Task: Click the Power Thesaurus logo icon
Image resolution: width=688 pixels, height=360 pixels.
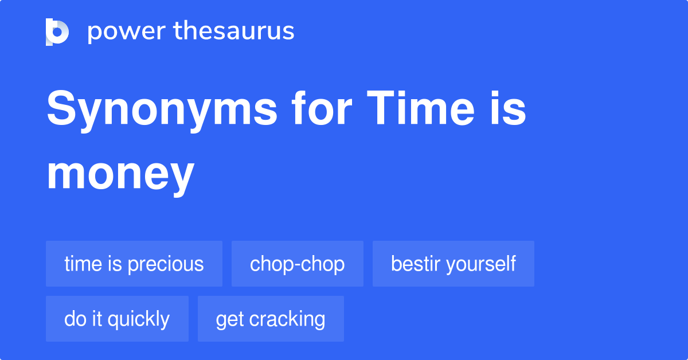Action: (57, 32)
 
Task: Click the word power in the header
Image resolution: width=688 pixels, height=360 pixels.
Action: (127, 32)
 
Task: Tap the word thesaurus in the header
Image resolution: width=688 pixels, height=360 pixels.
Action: (234, 30)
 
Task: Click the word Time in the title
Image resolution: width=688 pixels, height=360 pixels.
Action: (421, 108)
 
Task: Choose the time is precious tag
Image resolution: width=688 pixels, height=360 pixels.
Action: (134, 264)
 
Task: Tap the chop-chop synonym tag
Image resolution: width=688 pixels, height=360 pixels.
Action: (298, 264)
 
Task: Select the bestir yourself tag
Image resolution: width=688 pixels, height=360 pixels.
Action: (454, 264)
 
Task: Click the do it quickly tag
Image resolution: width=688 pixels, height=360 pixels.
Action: (117, 319)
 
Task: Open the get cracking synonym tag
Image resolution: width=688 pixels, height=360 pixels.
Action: (271, 319)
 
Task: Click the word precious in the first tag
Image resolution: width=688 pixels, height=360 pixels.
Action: (166, 265)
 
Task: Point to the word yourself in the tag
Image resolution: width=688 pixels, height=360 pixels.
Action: (481, 264)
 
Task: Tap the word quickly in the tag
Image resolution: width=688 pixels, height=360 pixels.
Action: (139, 319)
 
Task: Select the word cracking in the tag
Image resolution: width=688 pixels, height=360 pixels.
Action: (287, 319)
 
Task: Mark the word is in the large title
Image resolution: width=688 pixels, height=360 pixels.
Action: (508, 108)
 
